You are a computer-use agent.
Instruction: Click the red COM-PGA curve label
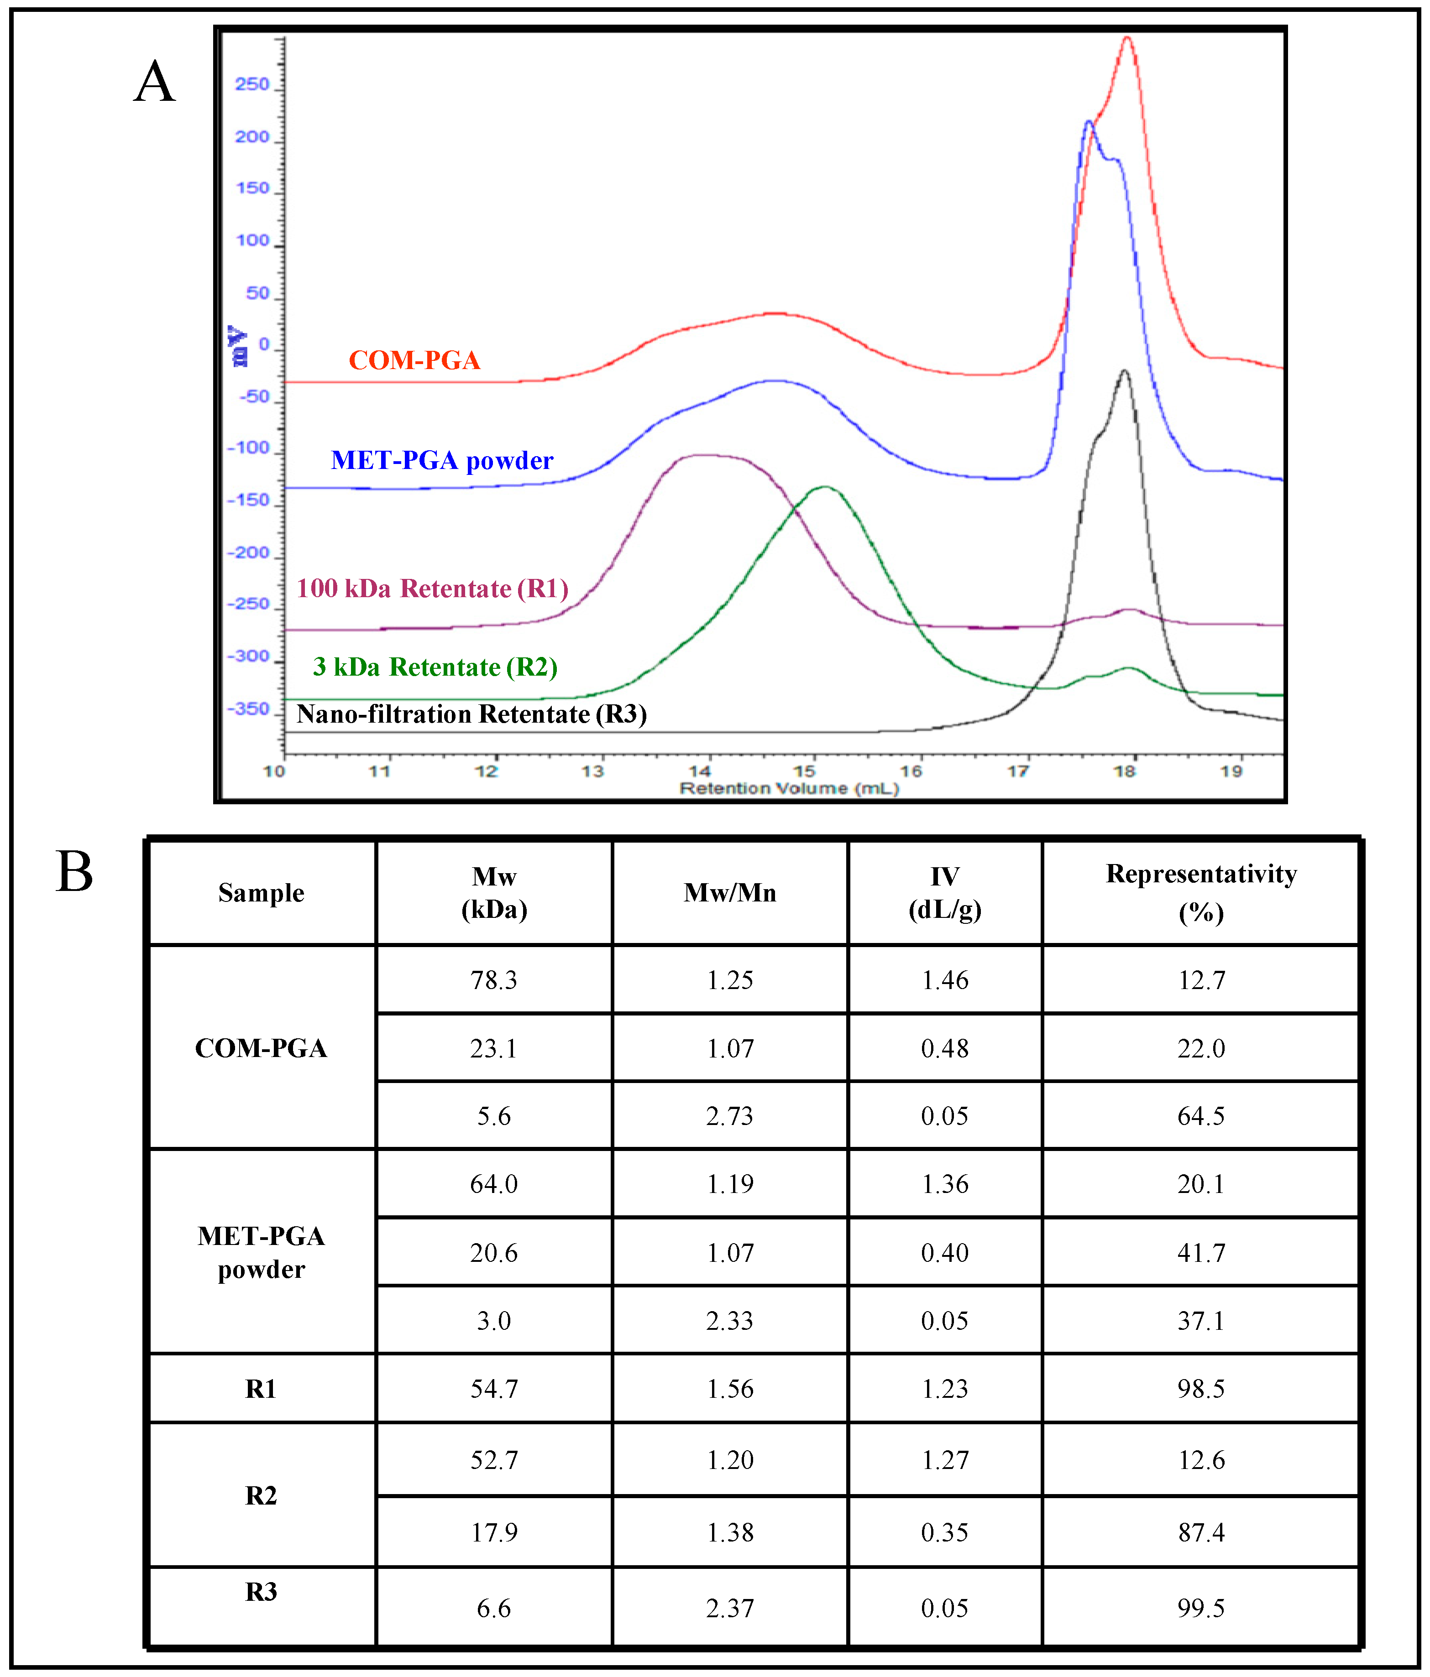click(414, 360)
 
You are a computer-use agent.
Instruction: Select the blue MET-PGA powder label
click(442, 460)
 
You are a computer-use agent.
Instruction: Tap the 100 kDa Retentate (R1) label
click(432, 589)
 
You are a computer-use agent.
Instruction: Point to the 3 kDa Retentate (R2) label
click(435, 667)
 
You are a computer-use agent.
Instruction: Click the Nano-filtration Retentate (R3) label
click(471, 714)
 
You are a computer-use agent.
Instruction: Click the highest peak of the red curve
click(1127, 38)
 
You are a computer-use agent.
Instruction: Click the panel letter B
click(74, 873)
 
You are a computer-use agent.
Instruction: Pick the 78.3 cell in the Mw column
click(494, 980)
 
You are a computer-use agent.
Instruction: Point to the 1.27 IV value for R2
click(944, 1460)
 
